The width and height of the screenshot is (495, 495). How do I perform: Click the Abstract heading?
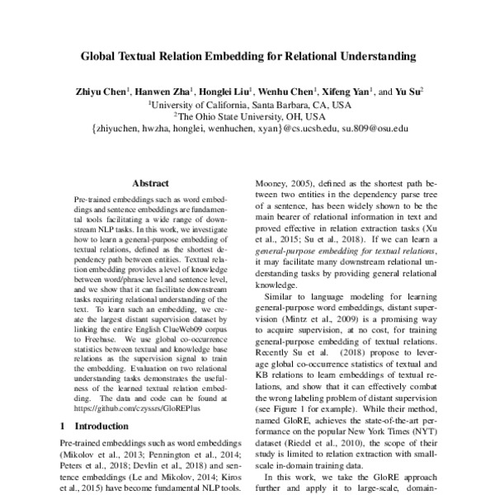pos(150,184)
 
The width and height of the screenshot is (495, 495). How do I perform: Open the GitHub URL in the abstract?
pos(125,408)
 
